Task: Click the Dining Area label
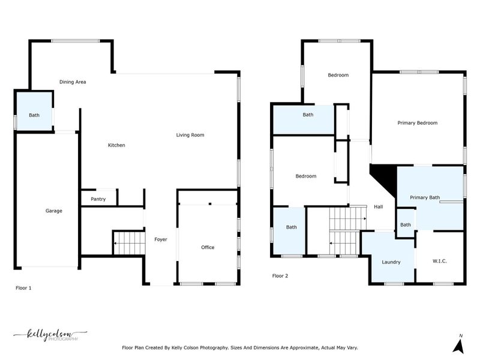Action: pyautogui.click(x=73, y=82)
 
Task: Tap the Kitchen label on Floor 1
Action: pyautogui.click(x=116, y=145)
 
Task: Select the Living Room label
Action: pyautogui.click(x=190, y=135)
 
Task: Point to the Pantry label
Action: pyautogui.click(x=98, y=199)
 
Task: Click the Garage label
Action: pyautogui.click(x=54, y=211)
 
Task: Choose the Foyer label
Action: pyautogui.click(x=161, y=239)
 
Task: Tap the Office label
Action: pyautogui.click(x=208, y=247)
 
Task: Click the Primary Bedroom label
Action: pyautogui.click(x=417, y=123)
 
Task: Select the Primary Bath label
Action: pyautogui.click(x=425, y=197)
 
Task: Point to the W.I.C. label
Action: pyautogui.click(x=440, y=262)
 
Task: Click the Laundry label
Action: pyautogui.click(x=391, y=262)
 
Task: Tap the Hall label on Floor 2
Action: pyautogui.click(x=378, y=207)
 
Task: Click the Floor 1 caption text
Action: pyautogui.click(x=23, y=288)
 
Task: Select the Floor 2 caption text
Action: pyautogui.click(x=280, y=276)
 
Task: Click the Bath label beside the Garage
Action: pyautogui.click(x=34, y=115)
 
